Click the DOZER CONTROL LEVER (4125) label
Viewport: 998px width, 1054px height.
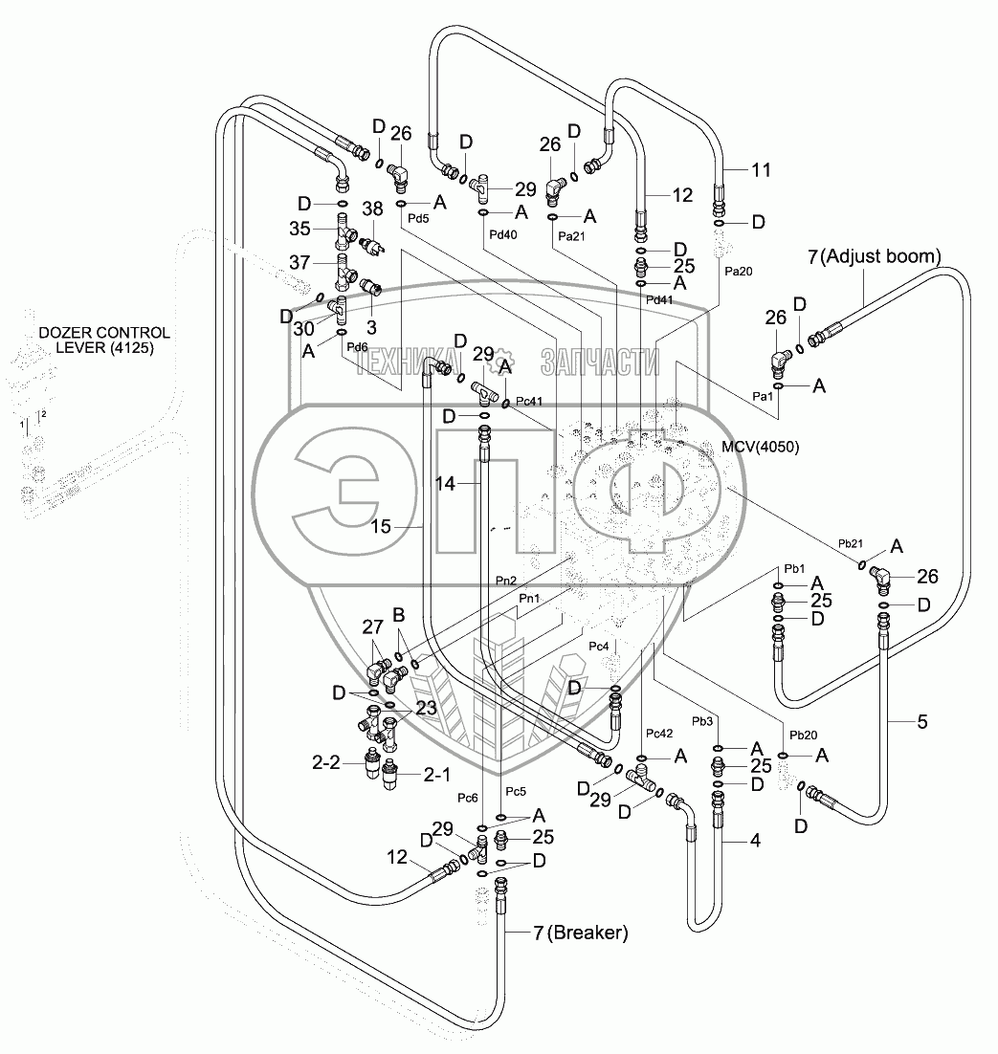pos(104,340)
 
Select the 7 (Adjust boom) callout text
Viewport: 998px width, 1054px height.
pos(876,256)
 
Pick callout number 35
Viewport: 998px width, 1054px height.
pos(301,229)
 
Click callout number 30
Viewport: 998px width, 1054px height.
pos(302,328)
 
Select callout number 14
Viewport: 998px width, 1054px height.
pos(445,485)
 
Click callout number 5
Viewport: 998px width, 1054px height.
pos(921,722)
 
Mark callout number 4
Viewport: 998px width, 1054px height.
pos(754,842)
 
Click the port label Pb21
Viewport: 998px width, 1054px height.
pos(851,543)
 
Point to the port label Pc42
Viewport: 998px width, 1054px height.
pos(659,734)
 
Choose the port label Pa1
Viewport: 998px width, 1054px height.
pos(763,395)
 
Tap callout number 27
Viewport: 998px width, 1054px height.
pos(371,628)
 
